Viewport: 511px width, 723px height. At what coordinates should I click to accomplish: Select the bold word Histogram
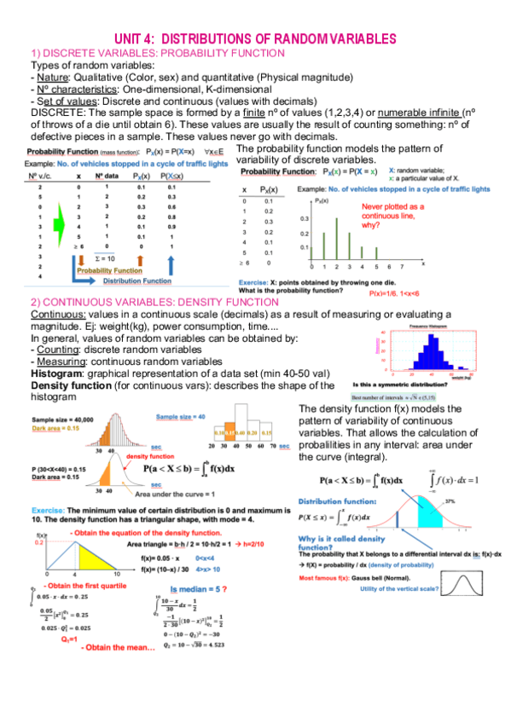[59, 373]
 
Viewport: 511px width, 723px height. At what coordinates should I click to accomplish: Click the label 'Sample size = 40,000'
[63, 420]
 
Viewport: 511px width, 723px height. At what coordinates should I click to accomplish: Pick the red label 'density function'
[150, 456]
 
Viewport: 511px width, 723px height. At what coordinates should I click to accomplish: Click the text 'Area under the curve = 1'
[183, 493]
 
